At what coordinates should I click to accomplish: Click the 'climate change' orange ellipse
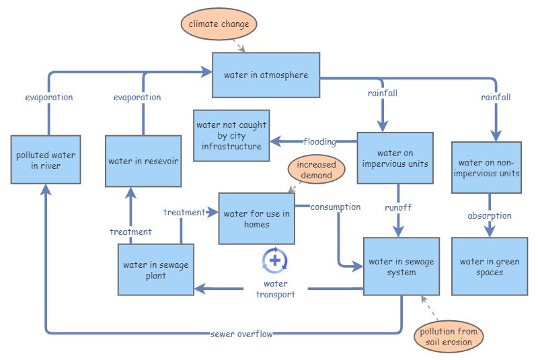[219, 24]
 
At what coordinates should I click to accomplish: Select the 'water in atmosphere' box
[266, 75]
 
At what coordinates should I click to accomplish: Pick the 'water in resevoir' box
[143, 161]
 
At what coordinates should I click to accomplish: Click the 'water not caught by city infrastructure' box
[231, 135]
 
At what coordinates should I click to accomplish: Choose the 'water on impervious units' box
[393, 158]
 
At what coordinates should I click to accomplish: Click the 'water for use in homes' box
[256, 219]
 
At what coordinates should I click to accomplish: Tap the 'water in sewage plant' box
[155, 270]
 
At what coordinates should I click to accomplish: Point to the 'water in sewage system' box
[401, 266]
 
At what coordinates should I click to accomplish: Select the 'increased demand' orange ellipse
[315, 170]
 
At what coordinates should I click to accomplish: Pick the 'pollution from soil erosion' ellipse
[449, 336]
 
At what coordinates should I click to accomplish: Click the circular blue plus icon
[274, 260]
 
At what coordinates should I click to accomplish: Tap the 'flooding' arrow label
[319, 141]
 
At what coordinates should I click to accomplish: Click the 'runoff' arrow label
[398, 207]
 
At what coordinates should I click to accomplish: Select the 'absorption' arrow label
[490, 216]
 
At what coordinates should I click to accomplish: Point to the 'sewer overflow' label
[241, 334]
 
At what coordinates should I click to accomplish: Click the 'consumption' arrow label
[335, 207]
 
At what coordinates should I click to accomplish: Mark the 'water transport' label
[275, 289]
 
